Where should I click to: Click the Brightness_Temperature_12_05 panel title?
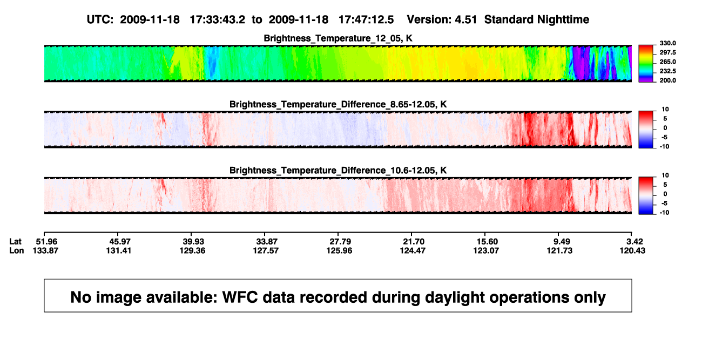(x=338, y=38)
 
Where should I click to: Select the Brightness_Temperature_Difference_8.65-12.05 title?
(x=338, y=104)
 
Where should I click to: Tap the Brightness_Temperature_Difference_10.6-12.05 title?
(x=338, y=171)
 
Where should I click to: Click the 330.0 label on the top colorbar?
(x=667, y=43)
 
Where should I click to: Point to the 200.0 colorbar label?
(x=667, y=80)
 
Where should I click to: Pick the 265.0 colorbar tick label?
(x=667, y=62)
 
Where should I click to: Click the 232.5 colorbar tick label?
(x=667, y=71)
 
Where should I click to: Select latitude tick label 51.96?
(x=46, y=242)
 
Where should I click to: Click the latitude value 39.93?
(x=193, y=242)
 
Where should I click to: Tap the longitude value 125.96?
(x=339, y=250)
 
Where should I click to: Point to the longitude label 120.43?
(x=632, y=250)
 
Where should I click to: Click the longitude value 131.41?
(x=118, y=250)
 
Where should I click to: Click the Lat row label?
(x=15, y=242)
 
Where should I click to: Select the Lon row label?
(x=16, y=250)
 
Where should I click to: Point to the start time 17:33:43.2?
(x=218, y=20)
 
